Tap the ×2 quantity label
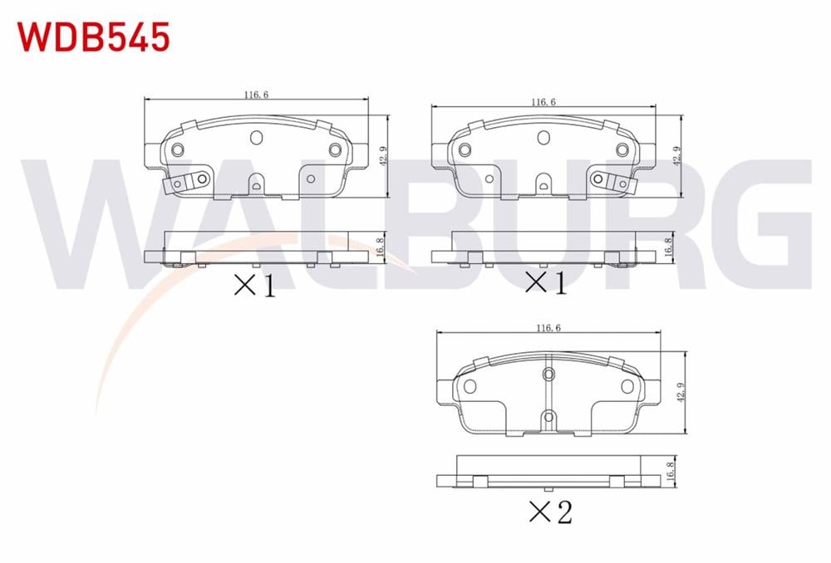pos(550,512)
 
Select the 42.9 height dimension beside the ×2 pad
pos(681,391)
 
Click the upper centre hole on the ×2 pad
pos(548,375)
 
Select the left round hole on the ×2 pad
pos(470,386)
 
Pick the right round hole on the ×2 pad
pos(626,386)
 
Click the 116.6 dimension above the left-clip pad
pos(256,95)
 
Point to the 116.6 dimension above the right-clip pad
pos(543,101)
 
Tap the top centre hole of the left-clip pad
pos(256,137)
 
